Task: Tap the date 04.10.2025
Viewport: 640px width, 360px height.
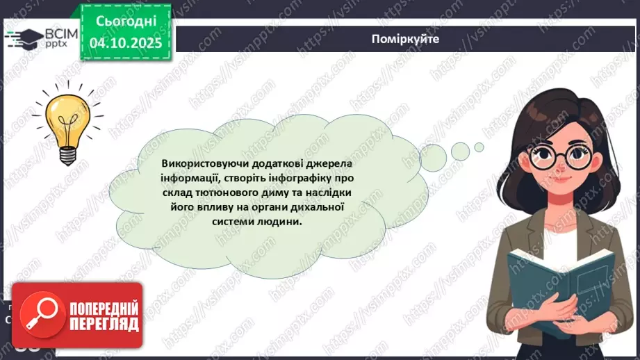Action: pos(124,42)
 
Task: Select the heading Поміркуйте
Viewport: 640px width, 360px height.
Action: pos(405,38)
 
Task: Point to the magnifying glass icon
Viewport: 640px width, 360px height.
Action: pos(40,318)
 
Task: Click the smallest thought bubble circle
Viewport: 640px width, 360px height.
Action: pos(478,147)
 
